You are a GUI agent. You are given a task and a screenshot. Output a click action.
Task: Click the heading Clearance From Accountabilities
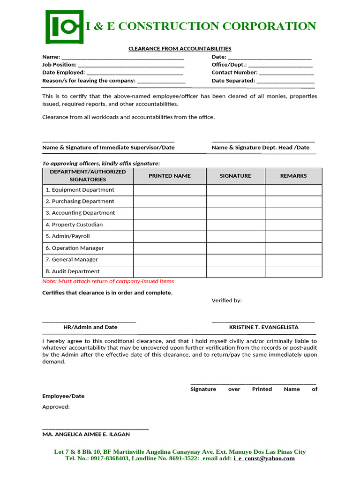180,49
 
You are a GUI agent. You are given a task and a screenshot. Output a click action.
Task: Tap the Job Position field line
131,65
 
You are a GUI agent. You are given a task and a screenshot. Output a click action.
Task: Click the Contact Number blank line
286,73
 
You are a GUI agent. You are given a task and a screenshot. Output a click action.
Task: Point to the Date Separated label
233,81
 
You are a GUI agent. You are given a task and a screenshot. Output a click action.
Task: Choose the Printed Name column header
170,176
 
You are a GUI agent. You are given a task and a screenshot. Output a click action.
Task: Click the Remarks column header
293,176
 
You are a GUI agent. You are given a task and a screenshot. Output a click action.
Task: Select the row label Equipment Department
80,190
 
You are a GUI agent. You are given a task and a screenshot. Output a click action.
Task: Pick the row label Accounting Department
80,213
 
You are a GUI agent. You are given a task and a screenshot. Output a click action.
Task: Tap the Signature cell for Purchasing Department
235,202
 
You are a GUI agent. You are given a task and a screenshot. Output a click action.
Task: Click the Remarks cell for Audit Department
293,271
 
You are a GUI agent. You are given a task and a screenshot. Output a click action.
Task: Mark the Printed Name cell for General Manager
170,260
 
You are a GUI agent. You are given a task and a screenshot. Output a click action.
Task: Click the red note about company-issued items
108,281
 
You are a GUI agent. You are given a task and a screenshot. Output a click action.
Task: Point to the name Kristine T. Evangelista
263,327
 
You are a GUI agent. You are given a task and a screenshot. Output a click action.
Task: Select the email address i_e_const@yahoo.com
264,458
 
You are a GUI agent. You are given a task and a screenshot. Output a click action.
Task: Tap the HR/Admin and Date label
90,327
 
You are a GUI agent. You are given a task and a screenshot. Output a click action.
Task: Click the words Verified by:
226,300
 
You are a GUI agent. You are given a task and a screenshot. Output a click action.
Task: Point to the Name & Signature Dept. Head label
261,147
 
